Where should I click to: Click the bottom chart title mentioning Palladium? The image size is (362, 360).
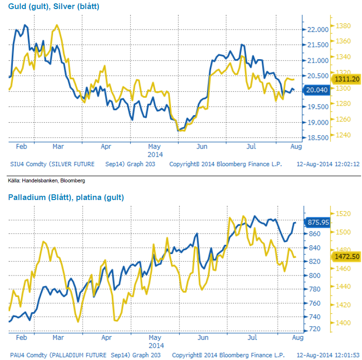click(x=66, y=197)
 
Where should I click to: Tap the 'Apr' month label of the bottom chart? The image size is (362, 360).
click(x=106, y=338)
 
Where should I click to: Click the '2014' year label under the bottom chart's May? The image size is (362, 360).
click(x=156, y=345)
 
